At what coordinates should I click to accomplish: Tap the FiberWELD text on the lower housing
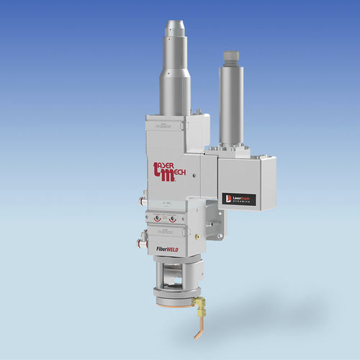point(168,248)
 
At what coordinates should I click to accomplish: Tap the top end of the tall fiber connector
point(174,26)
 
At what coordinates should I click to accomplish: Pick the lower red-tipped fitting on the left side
point(143,243)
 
